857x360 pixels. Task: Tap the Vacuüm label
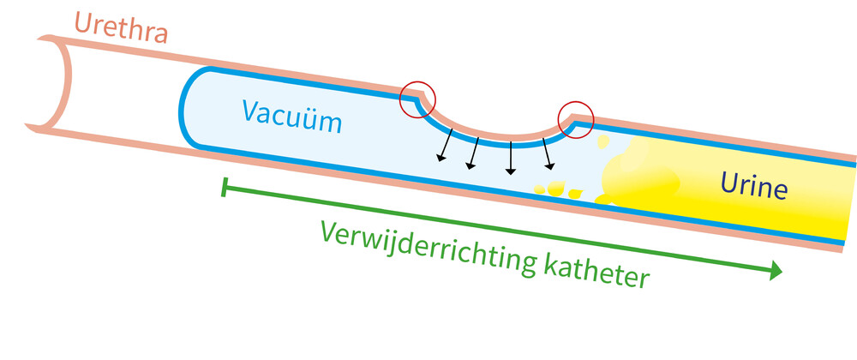click(291, 116)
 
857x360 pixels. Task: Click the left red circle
click(418, 100)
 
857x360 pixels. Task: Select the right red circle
click(575, 120)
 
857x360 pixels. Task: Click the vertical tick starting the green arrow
click(224, 187)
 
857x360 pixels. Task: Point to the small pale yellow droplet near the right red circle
click(602, 140)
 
